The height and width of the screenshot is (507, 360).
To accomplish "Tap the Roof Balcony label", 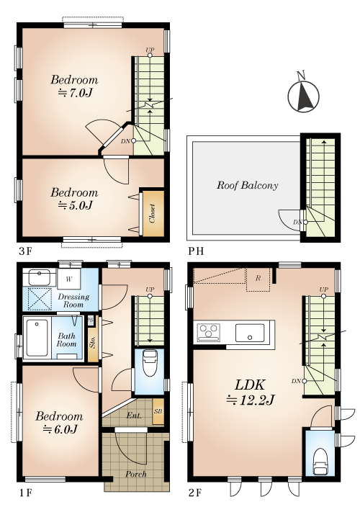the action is pos(247,185).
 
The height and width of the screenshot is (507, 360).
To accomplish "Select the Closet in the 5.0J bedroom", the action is pos(153,213).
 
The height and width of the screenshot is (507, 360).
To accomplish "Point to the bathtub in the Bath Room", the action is pos(37,338).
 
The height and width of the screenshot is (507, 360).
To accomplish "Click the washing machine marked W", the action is pos(69,279).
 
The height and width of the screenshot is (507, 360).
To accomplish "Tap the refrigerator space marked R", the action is pos(258,279).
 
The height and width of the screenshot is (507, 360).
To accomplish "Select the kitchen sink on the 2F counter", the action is pos(249,333).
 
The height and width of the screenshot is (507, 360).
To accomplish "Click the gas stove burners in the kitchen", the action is pos(208,332).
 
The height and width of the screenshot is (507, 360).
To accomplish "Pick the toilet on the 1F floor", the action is pos(149,363).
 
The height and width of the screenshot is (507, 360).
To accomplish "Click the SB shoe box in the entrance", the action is pos(158,411).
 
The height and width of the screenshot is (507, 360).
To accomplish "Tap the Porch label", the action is pos(136,474).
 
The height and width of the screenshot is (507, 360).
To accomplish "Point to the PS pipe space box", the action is pos(91,320).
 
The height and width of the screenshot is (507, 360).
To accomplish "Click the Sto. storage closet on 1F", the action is pos(93,343).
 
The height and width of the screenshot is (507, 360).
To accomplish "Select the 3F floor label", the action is pos(24,251).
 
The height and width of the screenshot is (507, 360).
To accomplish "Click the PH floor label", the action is pos(196,251).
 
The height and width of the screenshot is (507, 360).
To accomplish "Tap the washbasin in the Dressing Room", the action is pos(39,277).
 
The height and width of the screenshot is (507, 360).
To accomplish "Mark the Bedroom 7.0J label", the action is pos(74,86).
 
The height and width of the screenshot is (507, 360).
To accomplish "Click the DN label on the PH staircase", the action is pos(298,222).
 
